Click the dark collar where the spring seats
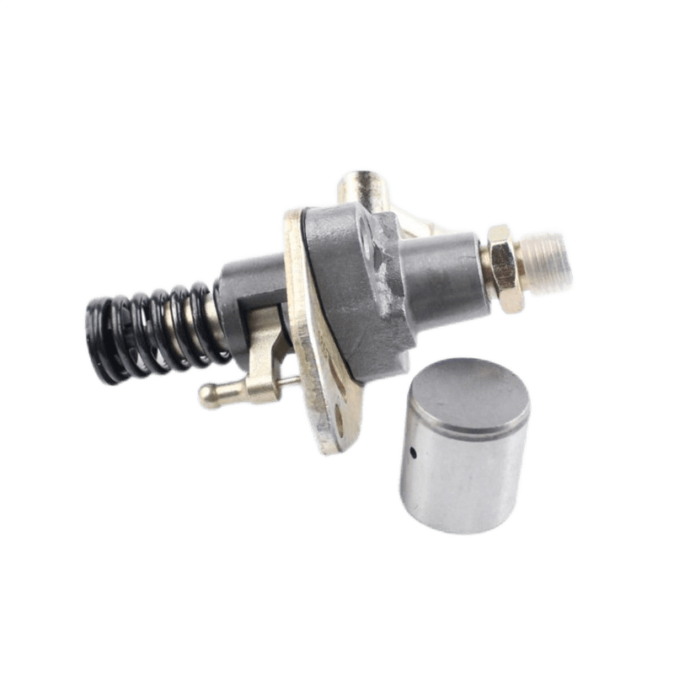point(244,286)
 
